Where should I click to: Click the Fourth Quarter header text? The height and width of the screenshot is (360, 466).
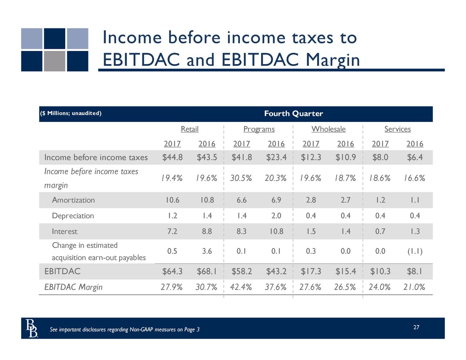pyautogui.click(x=293, y=114)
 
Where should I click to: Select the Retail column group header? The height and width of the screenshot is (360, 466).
pyautogui.click(x=190, y=129)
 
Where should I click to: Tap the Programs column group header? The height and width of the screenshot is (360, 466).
pyautogui.click(x=259, y=129)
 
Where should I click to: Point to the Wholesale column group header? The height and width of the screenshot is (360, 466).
pyautogui.click(x=328, y=129)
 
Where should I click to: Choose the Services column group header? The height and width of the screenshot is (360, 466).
pyautogui.click(x=398, y=129)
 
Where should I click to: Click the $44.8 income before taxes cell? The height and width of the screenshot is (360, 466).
pyautogui.click(x=173, y=157)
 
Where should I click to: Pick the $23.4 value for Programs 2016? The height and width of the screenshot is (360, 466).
pyautogui.click(x=276, y=157)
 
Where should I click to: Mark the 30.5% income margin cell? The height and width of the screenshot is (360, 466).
pyautogui.click(x=241, y=178)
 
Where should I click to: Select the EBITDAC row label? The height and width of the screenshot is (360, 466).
pyautogui.click(x=62, y=272)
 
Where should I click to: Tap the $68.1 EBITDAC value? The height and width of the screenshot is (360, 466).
pyautogui.click(x=207, y=272)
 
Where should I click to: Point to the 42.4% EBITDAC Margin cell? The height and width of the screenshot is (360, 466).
pyautogui.click(x=241, y=287)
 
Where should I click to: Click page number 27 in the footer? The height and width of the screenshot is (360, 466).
pyautogui.click(x=416, y=327)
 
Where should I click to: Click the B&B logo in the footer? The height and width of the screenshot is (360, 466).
pyautogui.click(x=32, y=328)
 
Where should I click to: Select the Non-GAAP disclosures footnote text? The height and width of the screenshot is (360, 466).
pyautogui.click(x=125, y=330)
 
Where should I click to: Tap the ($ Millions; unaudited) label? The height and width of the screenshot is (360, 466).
pyautogui.click(x=71, y=113)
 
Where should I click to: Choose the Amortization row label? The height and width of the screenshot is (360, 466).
pyautogui.click(x=73, y=200)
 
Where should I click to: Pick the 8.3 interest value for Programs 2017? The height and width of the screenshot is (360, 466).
pyautogui.click(x=241, y=232)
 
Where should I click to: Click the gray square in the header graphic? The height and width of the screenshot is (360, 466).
pyautogui.click(x=55, y=61)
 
